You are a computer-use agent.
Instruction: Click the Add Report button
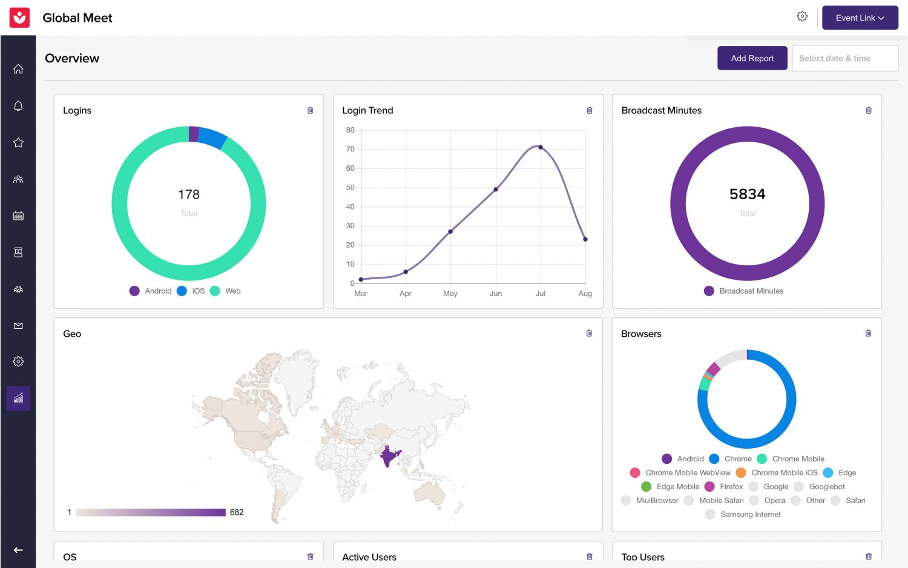coord(752,58)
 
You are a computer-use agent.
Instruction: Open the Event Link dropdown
coord(860,18)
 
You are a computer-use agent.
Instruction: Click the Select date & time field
coord(844,58)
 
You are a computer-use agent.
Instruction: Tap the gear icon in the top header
coord(802,17)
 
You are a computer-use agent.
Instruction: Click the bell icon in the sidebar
coord(18,106)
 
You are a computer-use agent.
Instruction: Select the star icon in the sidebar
coord(18,143)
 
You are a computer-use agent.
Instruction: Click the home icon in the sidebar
coord(18,69)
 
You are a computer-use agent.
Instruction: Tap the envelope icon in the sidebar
coord(18,326)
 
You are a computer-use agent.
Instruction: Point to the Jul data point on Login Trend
coord(541,147)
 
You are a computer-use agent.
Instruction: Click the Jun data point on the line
coord(496,190)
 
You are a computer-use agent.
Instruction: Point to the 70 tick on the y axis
coord(350,149)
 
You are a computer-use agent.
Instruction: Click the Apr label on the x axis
coord(406,294)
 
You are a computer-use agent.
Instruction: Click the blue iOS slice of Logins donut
coord(212,137)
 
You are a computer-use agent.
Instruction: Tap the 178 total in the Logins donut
coord(189,194)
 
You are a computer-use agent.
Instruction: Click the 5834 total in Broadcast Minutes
coord(747,194)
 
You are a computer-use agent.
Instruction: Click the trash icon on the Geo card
coord(589,334)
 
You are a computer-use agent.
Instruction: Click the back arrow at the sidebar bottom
coord(18,550)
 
